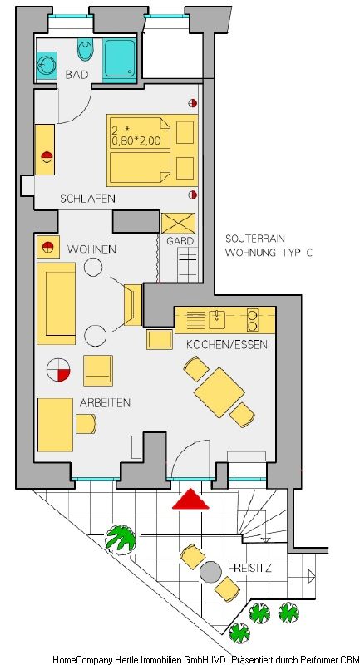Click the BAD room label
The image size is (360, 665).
tap(76, 75)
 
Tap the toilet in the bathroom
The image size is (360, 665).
tap(86, 50)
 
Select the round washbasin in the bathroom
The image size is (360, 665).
tap(47, 66)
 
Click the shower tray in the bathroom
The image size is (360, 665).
tap(120, 59)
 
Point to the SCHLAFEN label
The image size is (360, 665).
tap(88, 198)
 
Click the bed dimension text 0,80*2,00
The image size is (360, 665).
tap(136, 141)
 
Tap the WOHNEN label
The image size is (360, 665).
tap(91, 249)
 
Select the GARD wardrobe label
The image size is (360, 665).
tap(180, 241)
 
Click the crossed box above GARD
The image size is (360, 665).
tap(179, 223)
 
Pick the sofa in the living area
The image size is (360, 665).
tap(56, 303)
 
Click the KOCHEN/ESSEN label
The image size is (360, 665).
tap(227, 345)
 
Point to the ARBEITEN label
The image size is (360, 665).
tap(105, 403)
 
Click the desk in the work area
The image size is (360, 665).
tap(55, 425)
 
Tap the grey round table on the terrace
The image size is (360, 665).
tap(210, 572)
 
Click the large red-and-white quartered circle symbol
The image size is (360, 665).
tap(58, 369)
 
